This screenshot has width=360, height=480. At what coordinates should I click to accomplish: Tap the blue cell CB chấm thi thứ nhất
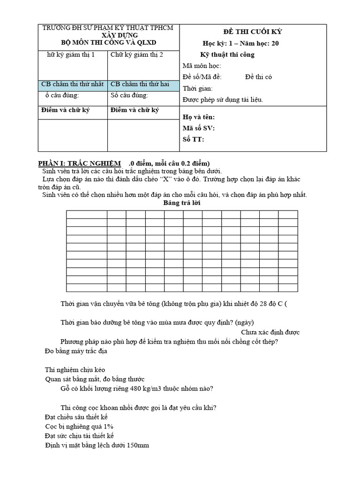(72, 84)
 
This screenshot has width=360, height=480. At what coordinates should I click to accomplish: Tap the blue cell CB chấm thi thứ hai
(140, 84)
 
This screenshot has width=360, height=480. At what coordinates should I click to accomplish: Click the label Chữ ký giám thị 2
(137, 55)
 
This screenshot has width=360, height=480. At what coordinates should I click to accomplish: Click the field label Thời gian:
(197, 88)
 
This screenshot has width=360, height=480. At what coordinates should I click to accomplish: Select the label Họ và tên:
(198, 117)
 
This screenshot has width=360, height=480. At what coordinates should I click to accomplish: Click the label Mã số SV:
(198, 128)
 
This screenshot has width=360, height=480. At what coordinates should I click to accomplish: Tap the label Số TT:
(193, 139)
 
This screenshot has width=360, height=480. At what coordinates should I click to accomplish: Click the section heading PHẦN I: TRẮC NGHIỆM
(79, 163)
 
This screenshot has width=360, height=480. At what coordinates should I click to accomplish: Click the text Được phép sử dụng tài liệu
(222, 99)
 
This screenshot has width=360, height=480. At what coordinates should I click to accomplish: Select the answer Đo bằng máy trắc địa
(76, 351)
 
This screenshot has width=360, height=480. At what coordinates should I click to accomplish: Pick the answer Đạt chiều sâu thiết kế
(76, 417)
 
